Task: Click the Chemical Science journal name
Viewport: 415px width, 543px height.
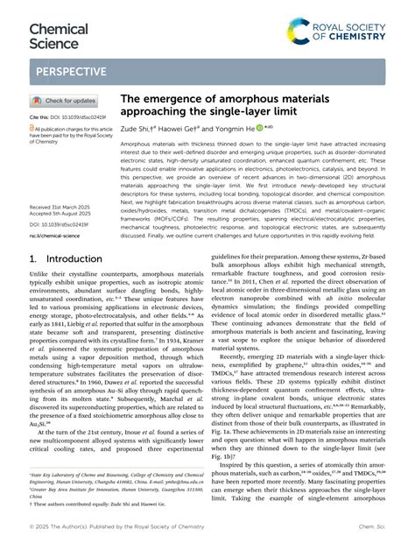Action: pyautogui.click(x=59, y=35)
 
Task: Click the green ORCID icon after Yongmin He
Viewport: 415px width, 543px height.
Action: pyautogui.click(x=259, y=127)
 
